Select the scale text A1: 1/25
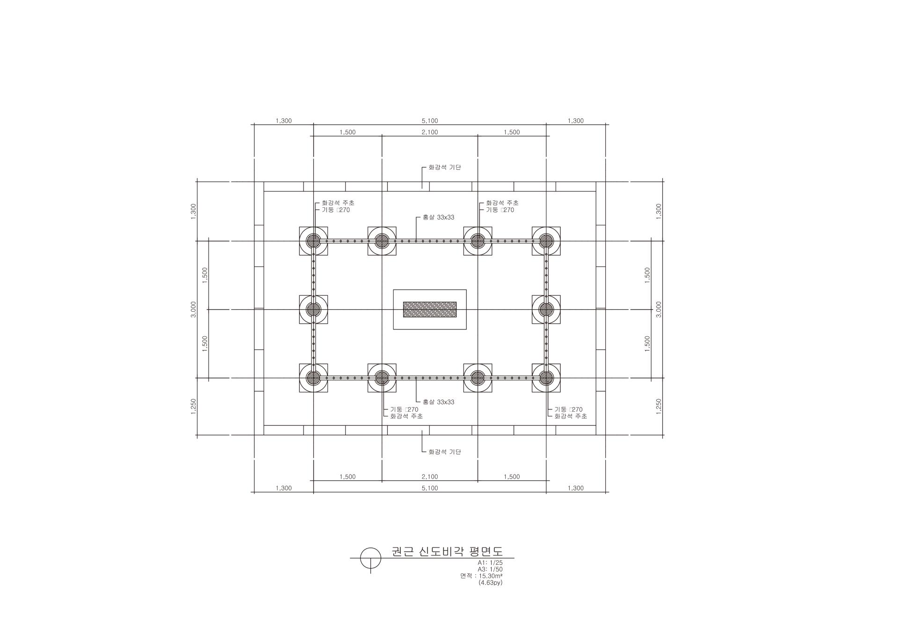[490, 562]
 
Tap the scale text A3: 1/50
[490, 569]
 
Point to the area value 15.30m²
[491, 576]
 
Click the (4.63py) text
[491, 583]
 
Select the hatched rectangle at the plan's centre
[430, 309]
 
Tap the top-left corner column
[313, 241]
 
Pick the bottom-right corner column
[546, 378]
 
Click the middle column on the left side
[313, 309]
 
